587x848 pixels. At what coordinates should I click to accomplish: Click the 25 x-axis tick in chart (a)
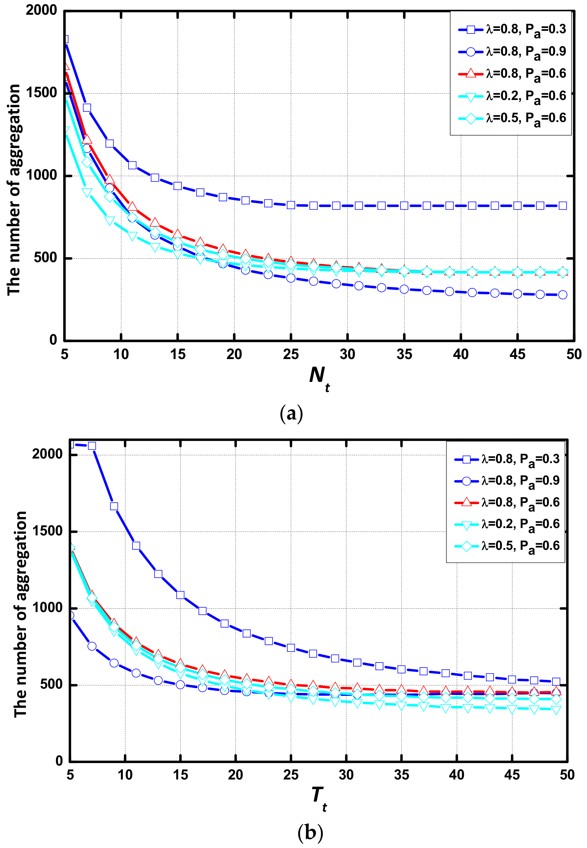click(291, 354)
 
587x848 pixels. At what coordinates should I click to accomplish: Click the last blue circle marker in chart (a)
click(562, 295)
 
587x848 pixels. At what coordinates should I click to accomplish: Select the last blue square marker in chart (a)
click(562, 206)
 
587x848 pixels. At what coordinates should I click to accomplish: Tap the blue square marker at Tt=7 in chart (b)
click(92, 446)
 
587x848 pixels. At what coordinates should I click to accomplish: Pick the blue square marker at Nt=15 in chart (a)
click(178, 186)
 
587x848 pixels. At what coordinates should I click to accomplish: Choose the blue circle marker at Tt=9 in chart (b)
click(114, 663)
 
